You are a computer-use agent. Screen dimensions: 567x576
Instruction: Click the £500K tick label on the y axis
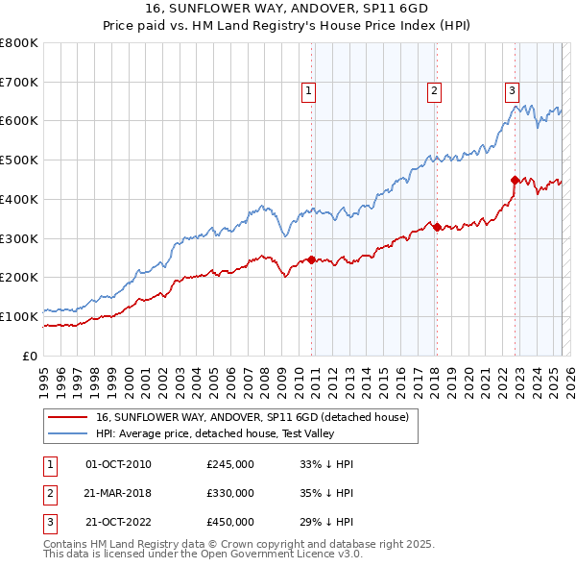[19, 160]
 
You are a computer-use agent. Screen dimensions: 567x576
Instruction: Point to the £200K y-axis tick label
[19, 278]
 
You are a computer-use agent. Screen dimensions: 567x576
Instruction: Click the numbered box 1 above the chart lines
[309, 91]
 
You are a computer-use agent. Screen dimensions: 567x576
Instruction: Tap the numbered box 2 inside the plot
[434, 91]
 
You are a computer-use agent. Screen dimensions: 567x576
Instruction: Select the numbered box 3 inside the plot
[512, 91]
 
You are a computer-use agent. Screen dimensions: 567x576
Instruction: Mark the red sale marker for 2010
[311, 259]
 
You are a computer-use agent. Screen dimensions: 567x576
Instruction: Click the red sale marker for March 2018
[437, 227]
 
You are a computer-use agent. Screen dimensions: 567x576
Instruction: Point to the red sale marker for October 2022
[515, 180]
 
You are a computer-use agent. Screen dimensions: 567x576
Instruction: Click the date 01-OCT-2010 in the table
[118, 464]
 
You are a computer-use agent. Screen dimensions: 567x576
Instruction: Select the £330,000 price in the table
[230, 493]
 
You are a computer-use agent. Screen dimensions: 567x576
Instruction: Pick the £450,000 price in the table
[230, 522]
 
